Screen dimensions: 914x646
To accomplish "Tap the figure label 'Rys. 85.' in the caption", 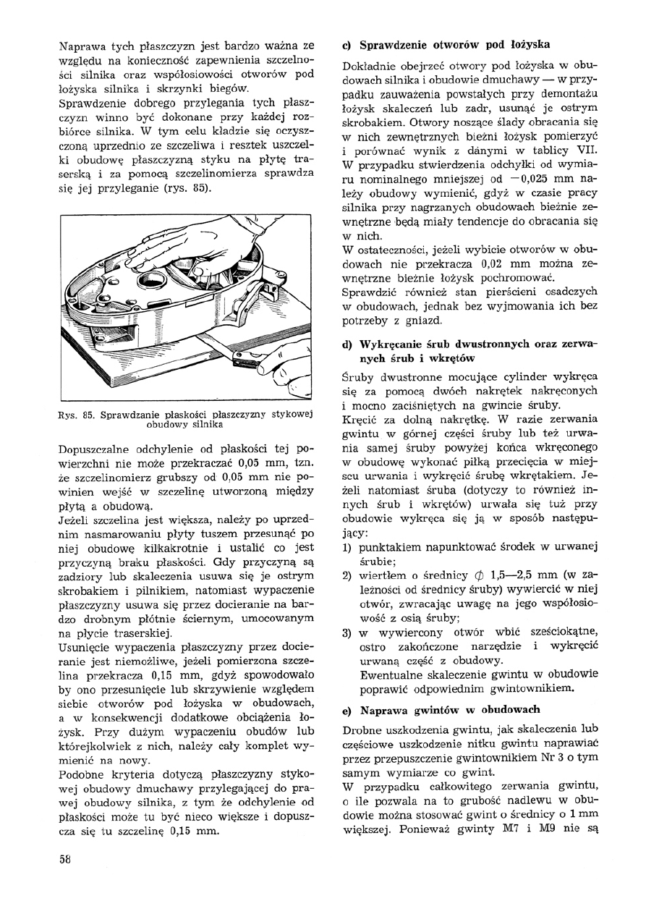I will (77, 415).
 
